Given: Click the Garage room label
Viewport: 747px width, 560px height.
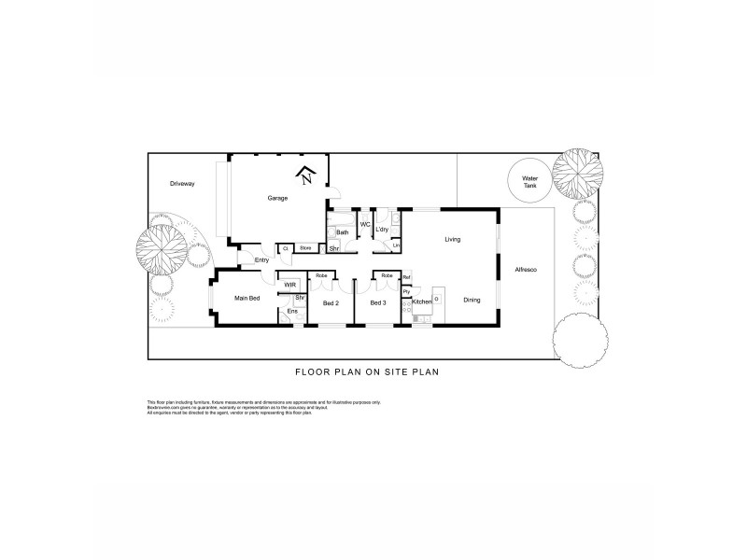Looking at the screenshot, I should [277, 198].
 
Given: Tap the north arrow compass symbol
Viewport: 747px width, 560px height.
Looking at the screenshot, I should [306, 175].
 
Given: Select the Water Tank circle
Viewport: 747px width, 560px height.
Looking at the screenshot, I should [529, 180].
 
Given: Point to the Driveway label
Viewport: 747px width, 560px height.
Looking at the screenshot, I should [182, 184].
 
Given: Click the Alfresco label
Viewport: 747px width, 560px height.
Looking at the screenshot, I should [527, 270].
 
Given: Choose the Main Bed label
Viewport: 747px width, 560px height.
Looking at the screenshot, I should [247, 299].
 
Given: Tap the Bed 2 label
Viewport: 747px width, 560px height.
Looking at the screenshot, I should [330, 303].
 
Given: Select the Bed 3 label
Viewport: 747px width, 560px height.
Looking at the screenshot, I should [378, 303].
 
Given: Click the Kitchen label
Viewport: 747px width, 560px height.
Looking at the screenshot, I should [422, 302].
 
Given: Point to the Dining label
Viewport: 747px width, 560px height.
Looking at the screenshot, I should [472, 300].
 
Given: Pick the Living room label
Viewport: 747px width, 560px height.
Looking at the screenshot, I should [453, 240].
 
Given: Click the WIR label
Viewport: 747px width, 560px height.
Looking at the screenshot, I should [290, 284].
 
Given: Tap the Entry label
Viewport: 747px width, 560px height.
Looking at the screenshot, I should [261, 259].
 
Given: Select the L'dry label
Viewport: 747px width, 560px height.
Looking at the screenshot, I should [382, 228].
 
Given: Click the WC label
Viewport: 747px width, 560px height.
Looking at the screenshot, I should [365, 224].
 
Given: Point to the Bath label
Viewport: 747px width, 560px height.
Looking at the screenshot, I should [342, 232].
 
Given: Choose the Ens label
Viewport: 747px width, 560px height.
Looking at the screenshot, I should [291, 311].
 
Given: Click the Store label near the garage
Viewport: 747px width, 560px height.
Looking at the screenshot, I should [305, 247].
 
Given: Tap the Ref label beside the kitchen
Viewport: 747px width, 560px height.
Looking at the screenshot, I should [406, 278].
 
